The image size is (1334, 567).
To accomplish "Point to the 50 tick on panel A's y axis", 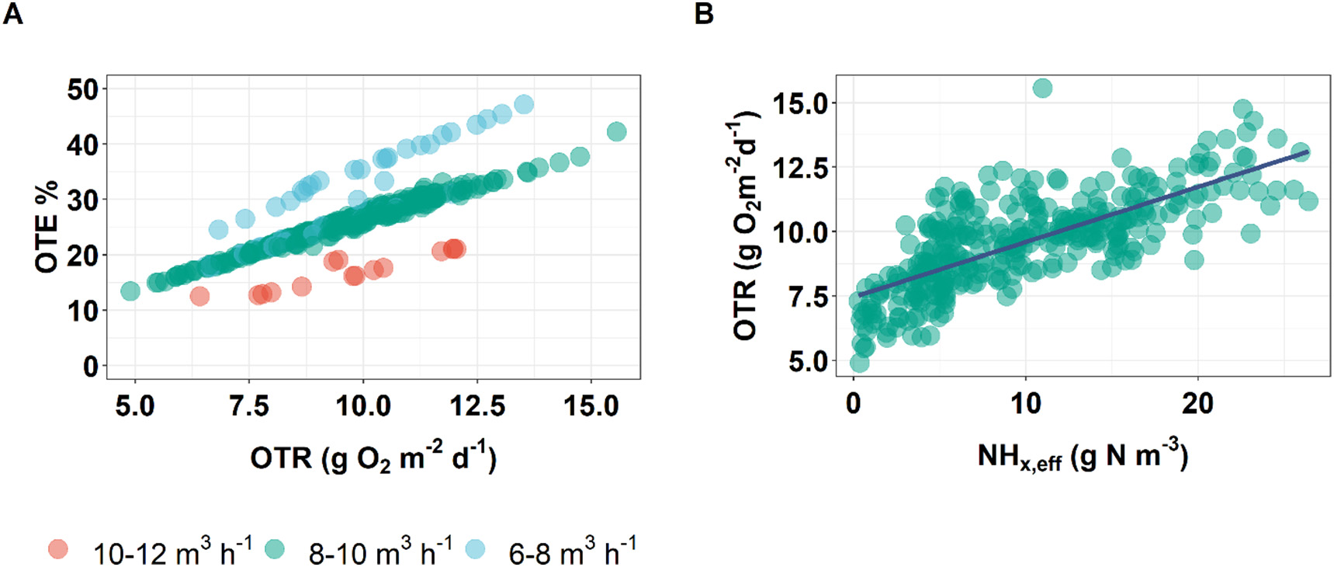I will tap(82, 89).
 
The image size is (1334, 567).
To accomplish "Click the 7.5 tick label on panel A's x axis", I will tap(249, 405).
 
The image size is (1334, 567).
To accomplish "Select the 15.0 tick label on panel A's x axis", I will tap(591, 405).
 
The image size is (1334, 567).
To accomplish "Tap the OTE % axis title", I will tap(47, 226).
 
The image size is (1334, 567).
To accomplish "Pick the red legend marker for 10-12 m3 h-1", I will tap(58, 549).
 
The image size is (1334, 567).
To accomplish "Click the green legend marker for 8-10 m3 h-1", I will tap(275, 549).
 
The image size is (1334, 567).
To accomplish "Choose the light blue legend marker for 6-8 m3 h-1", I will tap(475, 549).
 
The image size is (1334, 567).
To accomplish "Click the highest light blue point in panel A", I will tap(524, 104).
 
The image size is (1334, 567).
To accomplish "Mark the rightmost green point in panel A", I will tap(616, 131).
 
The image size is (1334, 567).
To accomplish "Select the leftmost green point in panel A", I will tap(130, 291).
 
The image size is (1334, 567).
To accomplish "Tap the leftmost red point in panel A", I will tap(199, 296).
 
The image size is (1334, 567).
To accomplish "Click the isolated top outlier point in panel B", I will tap(1042, 89).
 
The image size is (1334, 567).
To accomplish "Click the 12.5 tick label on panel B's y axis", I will tap(799, 167).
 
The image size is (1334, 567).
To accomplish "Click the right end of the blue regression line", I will tap(1308, 151).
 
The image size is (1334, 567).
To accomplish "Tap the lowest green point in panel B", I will tap(859, 363).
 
